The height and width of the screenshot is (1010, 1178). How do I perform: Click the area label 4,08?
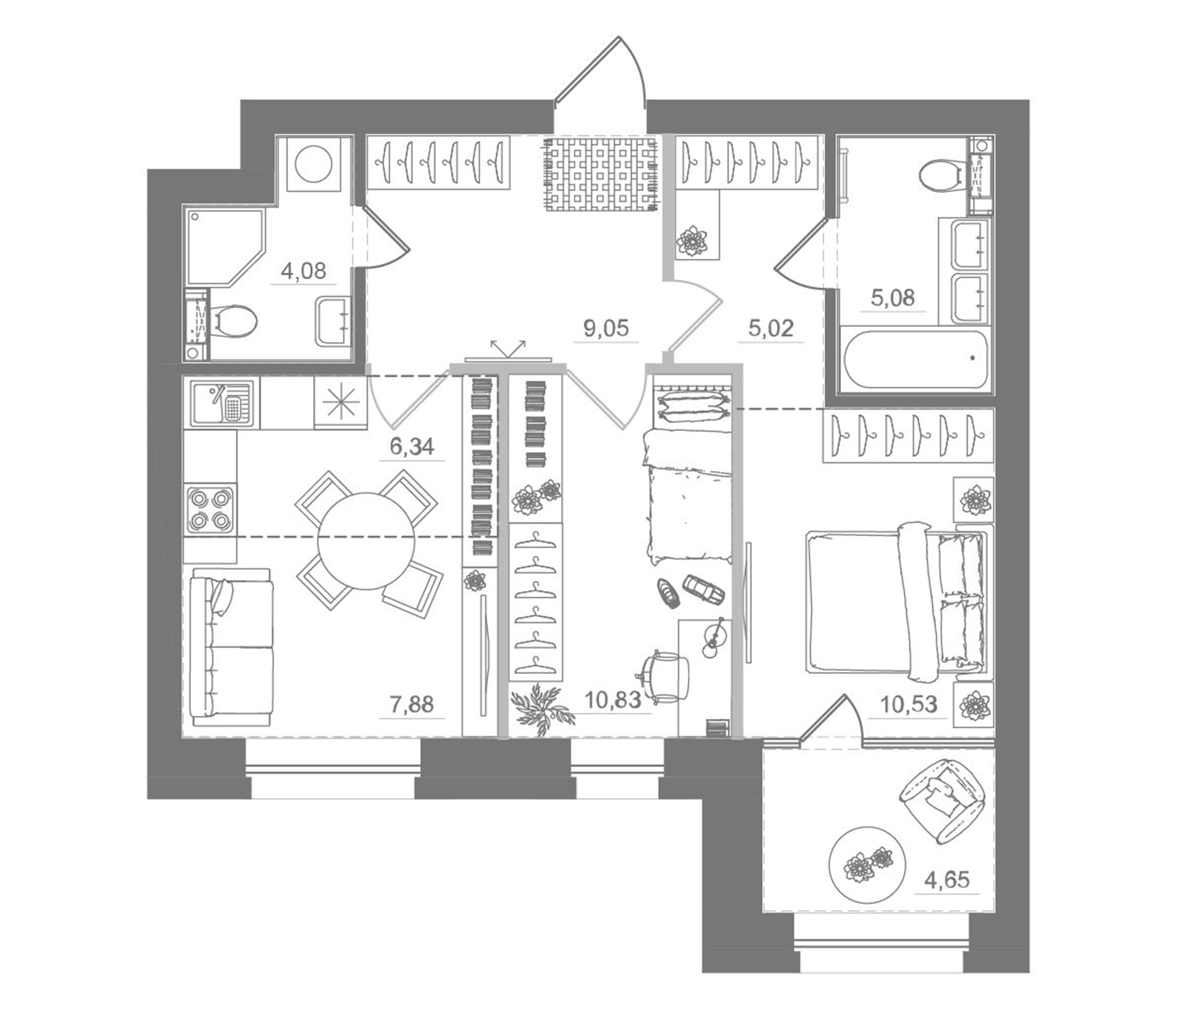303,271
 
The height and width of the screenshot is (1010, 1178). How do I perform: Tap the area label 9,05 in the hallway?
605,328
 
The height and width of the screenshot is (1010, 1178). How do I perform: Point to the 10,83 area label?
613,700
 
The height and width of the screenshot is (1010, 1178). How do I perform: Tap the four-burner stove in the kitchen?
209,509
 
